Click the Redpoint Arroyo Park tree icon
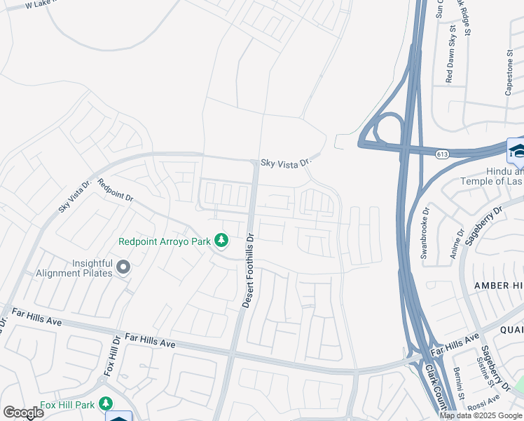click(221, 241)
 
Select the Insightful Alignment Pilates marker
click(123, 267)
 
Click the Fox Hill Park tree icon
click(106, 404)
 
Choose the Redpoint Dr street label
click(116, 191)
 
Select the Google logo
click(23, 413)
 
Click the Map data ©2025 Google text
click(481, 415)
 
